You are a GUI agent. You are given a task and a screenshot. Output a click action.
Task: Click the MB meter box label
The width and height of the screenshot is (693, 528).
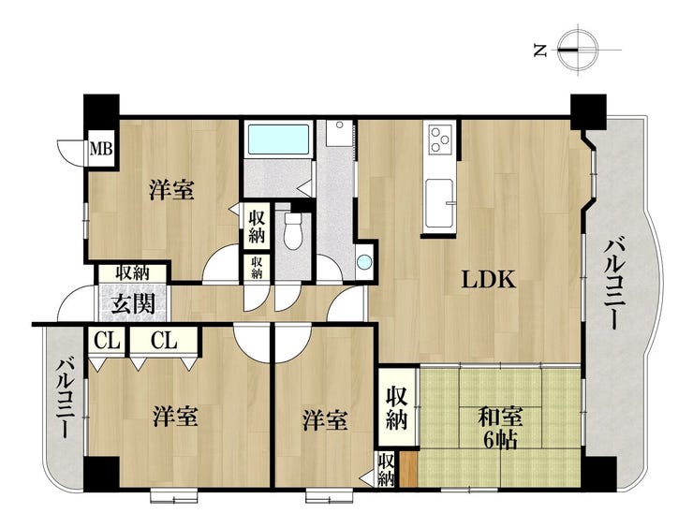tap(101, 149)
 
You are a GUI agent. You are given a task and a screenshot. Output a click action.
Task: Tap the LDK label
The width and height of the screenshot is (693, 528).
tap(489, 280)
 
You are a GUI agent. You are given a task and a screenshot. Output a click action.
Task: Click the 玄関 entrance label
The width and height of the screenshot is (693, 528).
tap(133, 304)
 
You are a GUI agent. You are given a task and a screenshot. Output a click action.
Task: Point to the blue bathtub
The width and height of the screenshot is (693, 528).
tap(278, 139)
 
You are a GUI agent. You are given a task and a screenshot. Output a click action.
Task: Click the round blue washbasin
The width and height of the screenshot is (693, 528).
tap(364, 262)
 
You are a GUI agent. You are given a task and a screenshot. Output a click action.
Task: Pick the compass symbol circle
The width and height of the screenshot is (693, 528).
tap(577, 49)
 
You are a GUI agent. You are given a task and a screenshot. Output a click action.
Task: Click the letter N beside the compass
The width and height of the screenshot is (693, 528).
tap(540, 50)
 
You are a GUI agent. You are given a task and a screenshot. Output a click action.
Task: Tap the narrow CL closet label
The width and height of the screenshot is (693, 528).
tap(108, 342)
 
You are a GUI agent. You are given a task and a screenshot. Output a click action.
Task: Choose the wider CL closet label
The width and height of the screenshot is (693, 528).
tap(164, 341)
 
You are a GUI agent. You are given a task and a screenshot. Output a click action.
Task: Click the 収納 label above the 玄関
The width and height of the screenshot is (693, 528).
tap(133, 274)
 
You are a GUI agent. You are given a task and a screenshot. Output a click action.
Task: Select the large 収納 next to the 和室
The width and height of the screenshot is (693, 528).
tap(396, 408)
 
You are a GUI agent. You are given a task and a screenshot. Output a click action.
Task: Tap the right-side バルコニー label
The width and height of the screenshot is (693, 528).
tap(616, 284)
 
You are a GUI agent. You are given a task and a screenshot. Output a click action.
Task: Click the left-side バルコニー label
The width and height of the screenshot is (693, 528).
tap(65, 398)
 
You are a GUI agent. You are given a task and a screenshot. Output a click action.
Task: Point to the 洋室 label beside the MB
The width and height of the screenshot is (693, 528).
tap(171, 190)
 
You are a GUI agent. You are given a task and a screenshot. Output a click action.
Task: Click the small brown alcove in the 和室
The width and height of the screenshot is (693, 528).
tap(408, 469)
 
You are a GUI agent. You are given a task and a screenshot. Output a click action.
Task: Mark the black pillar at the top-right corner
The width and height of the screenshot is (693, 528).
tap(588, 111)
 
